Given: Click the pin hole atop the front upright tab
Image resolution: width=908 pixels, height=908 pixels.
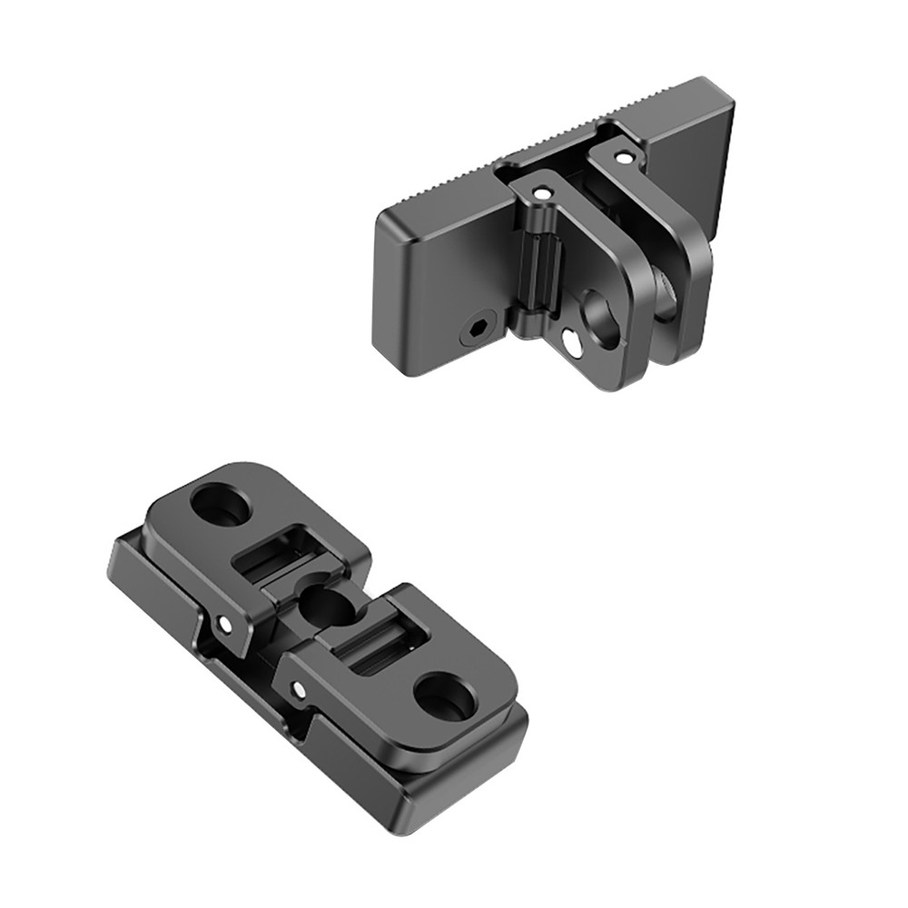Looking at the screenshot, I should (x=542, y=192).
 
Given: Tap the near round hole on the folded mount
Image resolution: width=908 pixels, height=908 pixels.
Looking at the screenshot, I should (x=444, y=696).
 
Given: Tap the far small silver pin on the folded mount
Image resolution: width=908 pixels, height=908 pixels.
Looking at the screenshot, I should (x=224, y=624).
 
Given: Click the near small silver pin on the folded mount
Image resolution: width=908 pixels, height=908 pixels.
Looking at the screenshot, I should (x=297, y=689).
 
